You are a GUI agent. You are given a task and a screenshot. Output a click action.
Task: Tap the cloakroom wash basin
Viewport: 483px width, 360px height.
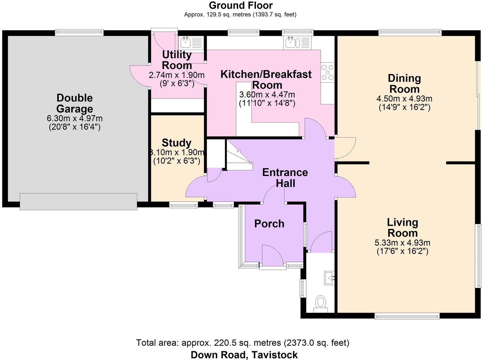tap(329, 278)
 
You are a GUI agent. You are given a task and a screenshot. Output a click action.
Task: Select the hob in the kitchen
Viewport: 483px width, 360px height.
tap(327, 72)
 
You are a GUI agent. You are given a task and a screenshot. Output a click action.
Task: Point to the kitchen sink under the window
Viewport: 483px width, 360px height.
tap(297, 43)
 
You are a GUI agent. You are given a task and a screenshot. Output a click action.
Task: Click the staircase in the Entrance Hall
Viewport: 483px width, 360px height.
tap(239, 155)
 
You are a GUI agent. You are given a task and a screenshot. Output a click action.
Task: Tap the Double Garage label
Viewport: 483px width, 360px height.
tap(75, 103)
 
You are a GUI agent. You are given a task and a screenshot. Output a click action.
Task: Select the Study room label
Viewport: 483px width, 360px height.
tap(176, 143)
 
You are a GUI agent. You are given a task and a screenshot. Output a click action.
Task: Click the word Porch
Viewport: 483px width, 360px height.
tap(269, 224)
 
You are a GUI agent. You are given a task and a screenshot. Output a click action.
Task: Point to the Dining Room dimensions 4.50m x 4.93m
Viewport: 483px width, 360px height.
tap(404, 99)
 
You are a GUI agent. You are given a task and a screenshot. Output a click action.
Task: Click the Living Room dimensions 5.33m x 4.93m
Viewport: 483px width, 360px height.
tap(402, 242)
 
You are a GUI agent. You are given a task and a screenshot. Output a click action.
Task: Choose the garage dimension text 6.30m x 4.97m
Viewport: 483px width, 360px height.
tap(75, 118)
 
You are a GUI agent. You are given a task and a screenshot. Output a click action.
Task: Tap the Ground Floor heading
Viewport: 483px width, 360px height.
tap(241, 5)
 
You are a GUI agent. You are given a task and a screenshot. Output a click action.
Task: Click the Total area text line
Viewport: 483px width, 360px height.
tap(243, 343)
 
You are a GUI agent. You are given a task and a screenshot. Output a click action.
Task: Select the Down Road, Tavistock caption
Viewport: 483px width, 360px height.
tap(244, 355)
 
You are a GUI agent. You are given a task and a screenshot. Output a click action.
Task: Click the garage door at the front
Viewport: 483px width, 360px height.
tap(78, 201)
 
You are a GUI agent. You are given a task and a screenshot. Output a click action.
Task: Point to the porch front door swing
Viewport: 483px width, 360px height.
tap(273, 255)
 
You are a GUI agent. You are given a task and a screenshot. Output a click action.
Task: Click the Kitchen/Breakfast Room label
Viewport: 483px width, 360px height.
tap(266, 79)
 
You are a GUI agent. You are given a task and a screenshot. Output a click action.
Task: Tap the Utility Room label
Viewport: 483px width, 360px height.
tap(177, 60)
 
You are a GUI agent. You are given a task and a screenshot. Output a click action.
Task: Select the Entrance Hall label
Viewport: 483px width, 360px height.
tap(285, 178)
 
